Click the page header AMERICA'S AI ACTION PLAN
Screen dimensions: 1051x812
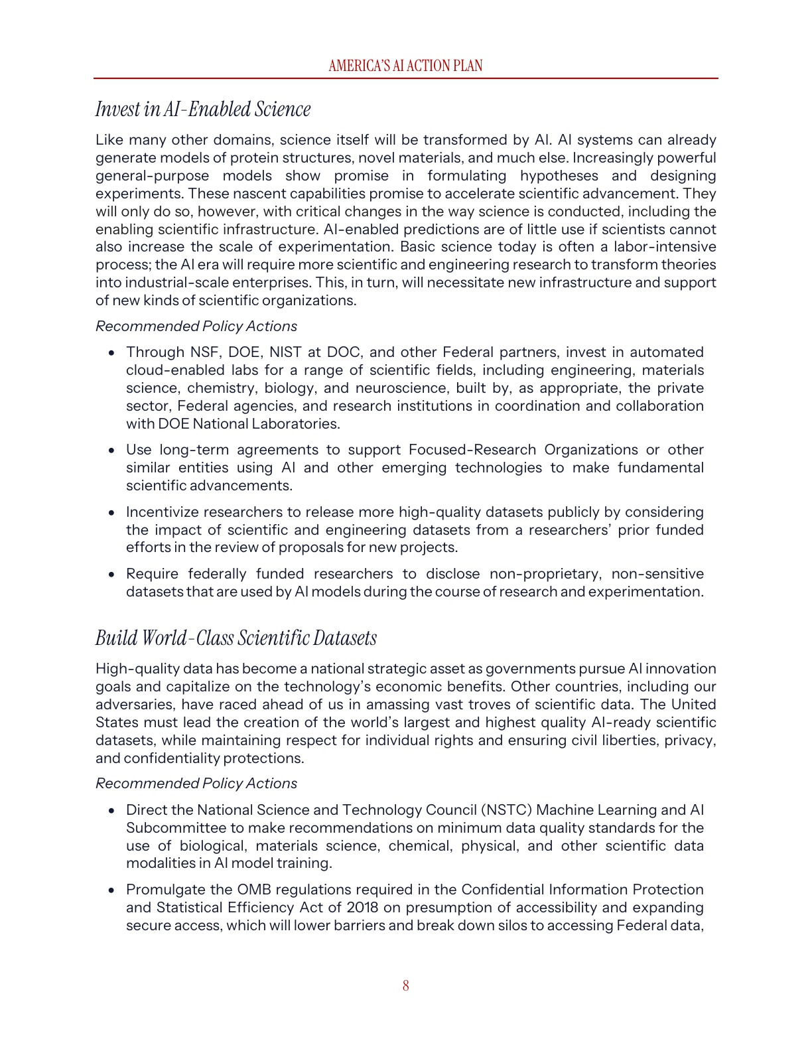tap(405, 66)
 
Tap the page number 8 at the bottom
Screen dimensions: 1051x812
tap(405, 985)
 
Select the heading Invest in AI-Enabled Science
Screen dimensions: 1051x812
tap(203, 109)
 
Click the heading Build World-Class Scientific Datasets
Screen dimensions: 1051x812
tap(236, 638)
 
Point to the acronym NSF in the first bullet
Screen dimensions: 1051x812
tap(204, 352)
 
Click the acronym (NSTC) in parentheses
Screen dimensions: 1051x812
tap(506, 810)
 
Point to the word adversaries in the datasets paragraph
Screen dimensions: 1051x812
tap(135, 705)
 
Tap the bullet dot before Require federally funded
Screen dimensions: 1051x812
tap(112, 575)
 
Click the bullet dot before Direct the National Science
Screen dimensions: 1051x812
tap(112, 811)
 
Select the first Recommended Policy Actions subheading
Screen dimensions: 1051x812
tap(196, 326)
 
